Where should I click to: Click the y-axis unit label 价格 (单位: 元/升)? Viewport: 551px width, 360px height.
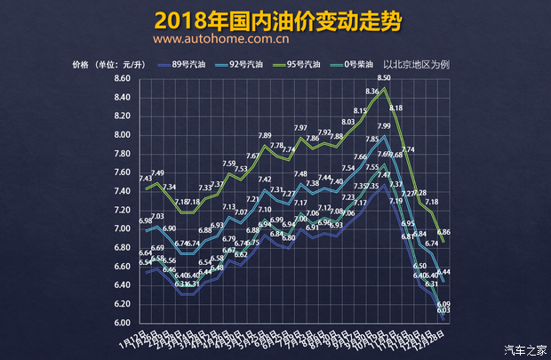tap(108, 65)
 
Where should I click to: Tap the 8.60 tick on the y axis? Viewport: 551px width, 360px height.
tap(122, 79)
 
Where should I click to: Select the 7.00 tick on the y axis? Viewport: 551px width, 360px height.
tap(122, 229)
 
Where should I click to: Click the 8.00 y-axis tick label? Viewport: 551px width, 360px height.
tap(122, 135)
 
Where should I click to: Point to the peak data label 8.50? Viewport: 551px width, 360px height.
tap(384, 78)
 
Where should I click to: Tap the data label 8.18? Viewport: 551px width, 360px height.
tap(396, 108)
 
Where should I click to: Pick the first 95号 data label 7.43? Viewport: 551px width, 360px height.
tap(146, 179)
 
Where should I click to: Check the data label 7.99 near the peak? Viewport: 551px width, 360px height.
tap(384, 127)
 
